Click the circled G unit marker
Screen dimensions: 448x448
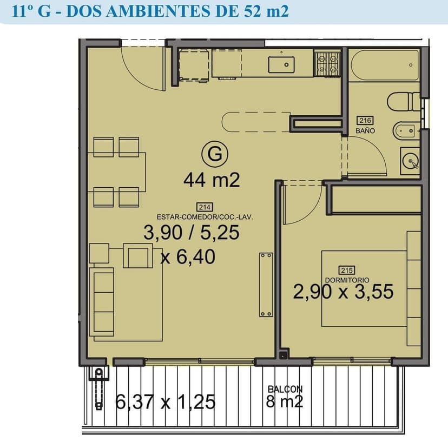[215, 154]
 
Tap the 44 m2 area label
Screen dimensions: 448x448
[212, 180]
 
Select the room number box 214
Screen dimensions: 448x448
[205, 207]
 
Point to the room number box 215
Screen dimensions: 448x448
[347, 271]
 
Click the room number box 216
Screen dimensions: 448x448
[365, 121]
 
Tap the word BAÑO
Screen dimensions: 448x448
[365, 130]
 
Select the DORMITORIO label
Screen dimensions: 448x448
[347, 280]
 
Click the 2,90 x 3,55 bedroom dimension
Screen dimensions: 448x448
[343, 292]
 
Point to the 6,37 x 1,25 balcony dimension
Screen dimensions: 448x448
[165, 402]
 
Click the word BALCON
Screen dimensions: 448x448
[285, 389]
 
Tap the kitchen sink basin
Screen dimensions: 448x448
[281, 64]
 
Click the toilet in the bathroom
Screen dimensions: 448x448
[404, 102]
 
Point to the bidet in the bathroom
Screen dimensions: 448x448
[406, 131]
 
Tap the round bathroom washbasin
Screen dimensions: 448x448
[410, 161]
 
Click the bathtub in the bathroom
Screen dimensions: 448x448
[385, 65]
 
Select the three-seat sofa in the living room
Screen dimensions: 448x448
[102, 302]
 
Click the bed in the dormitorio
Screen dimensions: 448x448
[371, 288]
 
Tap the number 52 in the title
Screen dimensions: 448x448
[253, 11]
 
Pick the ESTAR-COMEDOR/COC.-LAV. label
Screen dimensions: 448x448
[205, 217]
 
